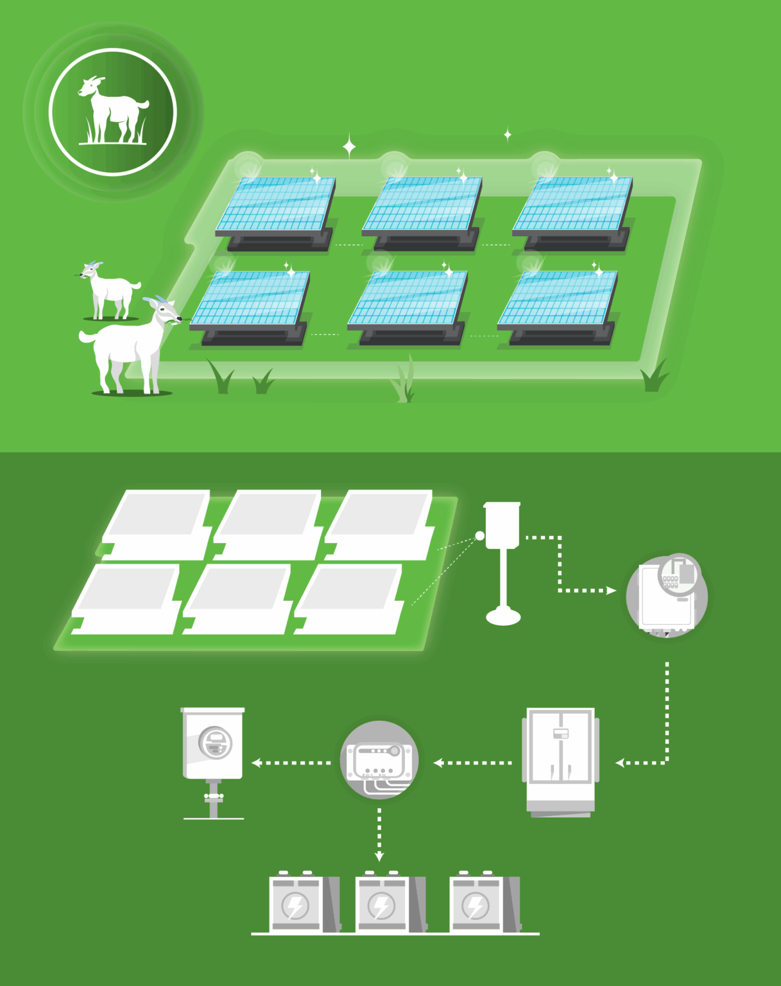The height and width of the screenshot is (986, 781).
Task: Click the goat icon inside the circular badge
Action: pyautogui.click(x=113, y=110)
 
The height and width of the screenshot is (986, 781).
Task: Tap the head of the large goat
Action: pyautogui.click(x=165, y=311)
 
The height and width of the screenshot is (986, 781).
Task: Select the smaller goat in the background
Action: pyautogui.click(x=110, y=290)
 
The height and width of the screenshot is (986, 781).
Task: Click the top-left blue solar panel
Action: pyautogui.click(x=277, y=204)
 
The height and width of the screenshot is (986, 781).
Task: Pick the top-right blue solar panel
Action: pyautogui.click(x=573, y=204)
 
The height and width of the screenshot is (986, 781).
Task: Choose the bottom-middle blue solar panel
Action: pyautogui.click(x=408, y=298)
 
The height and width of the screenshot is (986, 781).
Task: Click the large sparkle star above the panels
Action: pyautogui.click(x=349, y=147)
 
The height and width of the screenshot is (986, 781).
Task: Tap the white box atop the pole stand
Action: pyautogui.click(x=502, y=525)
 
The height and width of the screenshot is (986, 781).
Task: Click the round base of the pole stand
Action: pyautogui.click(x=503, y=617)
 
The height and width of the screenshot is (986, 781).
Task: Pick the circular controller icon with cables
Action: pyautogui.click(x=379, y=760)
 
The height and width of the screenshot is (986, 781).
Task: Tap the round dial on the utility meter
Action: pyautogui.click(x=215, y=743)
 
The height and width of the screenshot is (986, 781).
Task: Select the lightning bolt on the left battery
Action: pyautogui.click(x=295, y=906)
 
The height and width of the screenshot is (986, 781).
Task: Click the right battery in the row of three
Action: pyautogui.click(x=481, y=904)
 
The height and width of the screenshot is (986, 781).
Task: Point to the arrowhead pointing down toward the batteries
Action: pyautogui.click(x=379, y=856)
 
